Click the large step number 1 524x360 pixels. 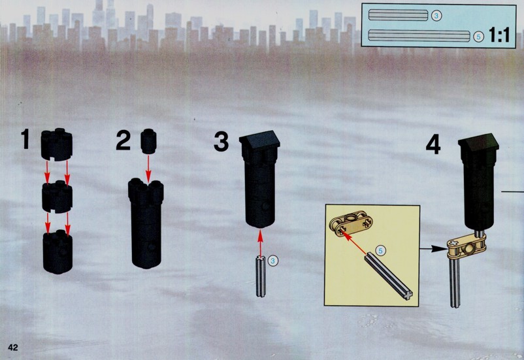[25, 139]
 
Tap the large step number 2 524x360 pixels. [123, 140]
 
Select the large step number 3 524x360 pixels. [221, 142]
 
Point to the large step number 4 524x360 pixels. [433, 146]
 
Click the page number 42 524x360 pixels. [12, 348]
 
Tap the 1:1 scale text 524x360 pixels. [499, 35]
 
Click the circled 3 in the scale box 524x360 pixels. [436, 16]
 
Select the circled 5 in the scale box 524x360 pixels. [479, 37]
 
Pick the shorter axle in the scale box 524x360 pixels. [398, 16]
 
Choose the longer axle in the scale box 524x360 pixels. [419, 36]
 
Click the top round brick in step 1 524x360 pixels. [56, 144]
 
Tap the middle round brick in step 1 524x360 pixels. [57, 197]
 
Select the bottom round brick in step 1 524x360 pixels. [57, 252]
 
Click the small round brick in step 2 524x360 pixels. [148, 141]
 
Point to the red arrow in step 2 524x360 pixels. [148, 169]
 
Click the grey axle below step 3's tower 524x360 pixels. [261, 276]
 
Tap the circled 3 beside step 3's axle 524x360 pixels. [273, 261]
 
